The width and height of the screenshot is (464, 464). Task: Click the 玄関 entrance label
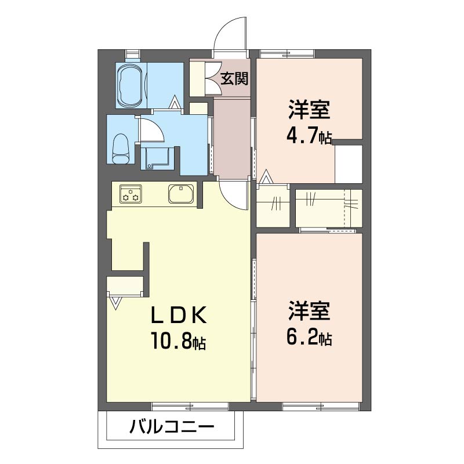click(234, 79)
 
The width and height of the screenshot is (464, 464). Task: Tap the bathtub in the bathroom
click(130, 85)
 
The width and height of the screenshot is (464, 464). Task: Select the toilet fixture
click(121, 148)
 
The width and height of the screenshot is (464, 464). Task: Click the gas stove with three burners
click(130, 194)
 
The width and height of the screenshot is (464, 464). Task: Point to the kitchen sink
click(181, 194)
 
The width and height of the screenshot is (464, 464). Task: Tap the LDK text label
click(179, 316)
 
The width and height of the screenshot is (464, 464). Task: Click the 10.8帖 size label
click(179, 341)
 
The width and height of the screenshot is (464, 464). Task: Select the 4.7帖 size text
click(309, 135)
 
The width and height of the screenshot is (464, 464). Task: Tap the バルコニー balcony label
click(172, 427)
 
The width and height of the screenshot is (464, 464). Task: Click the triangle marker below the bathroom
click(175, 103)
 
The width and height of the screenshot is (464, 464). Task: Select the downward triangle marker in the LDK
click(115, 303)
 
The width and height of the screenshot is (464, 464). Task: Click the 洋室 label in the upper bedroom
click(309, 110)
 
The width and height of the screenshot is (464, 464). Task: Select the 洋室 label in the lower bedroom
click(309, 311)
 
